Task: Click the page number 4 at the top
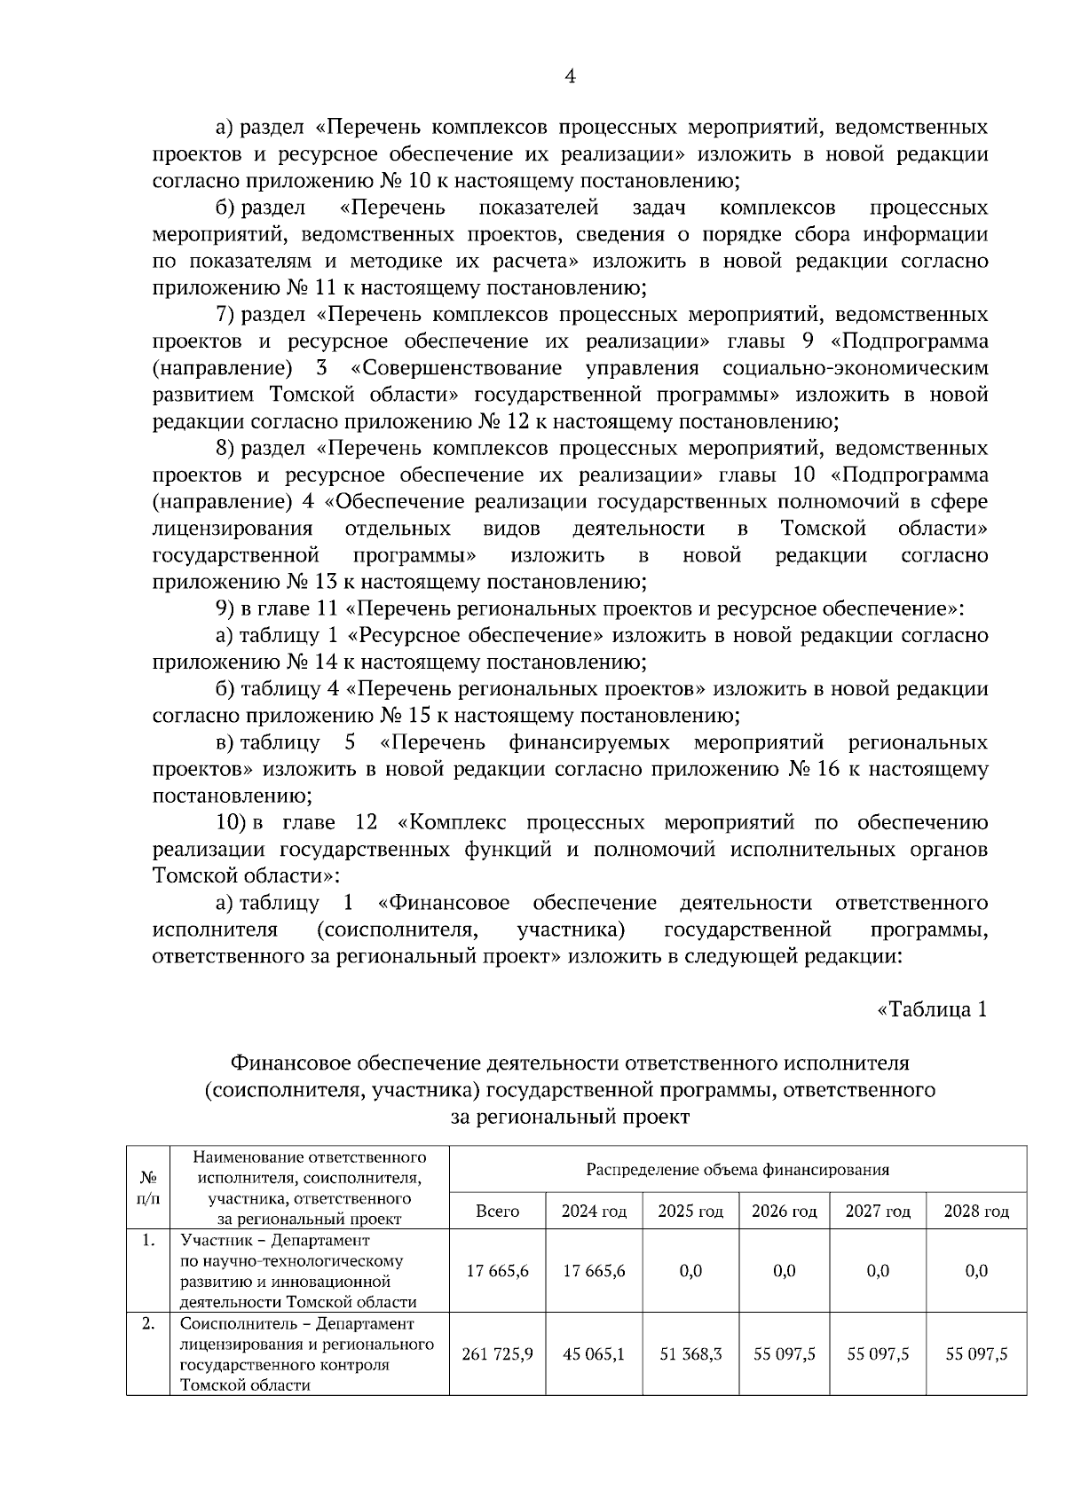click(570, 77)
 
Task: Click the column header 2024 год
click(594, 1212)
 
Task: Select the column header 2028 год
click(976, 1212)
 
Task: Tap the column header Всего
click(498, 1212)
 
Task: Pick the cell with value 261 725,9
click(498, 1354)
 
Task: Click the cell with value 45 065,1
click(594, 1354)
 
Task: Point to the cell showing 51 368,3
click(690, 1354)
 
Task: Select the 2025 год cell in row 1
click(690, 1271)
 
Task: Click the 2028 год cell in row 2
click(976, 1354)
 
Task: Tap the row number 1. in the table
click(148, 1240)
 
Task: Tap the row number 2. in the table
click(148, 1323)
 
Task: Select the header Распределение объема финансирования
click(738, 1170)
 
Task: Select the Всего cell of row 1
click(498, 1271)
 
